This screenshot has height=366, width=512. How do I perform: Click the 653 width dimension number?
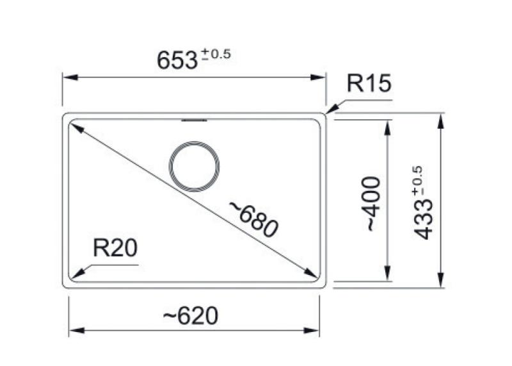[x=177, y=60]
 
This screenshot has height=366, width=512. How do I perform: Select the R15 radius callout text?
[x=368, y=84]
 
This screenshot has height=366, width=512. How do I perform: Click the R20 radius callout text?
[x=115, y=248]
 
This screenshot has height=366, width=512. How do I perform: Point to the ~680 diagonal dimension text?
[x=254, y=218]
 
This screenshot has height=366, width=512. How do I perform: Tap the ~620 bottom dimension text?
[x=190, y=315]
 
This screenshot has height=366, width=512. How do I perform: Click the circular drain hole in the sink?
[x=195, y=166]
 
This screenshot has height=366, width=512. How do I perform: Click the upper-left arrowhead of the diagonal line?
[x=76, y=128]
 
